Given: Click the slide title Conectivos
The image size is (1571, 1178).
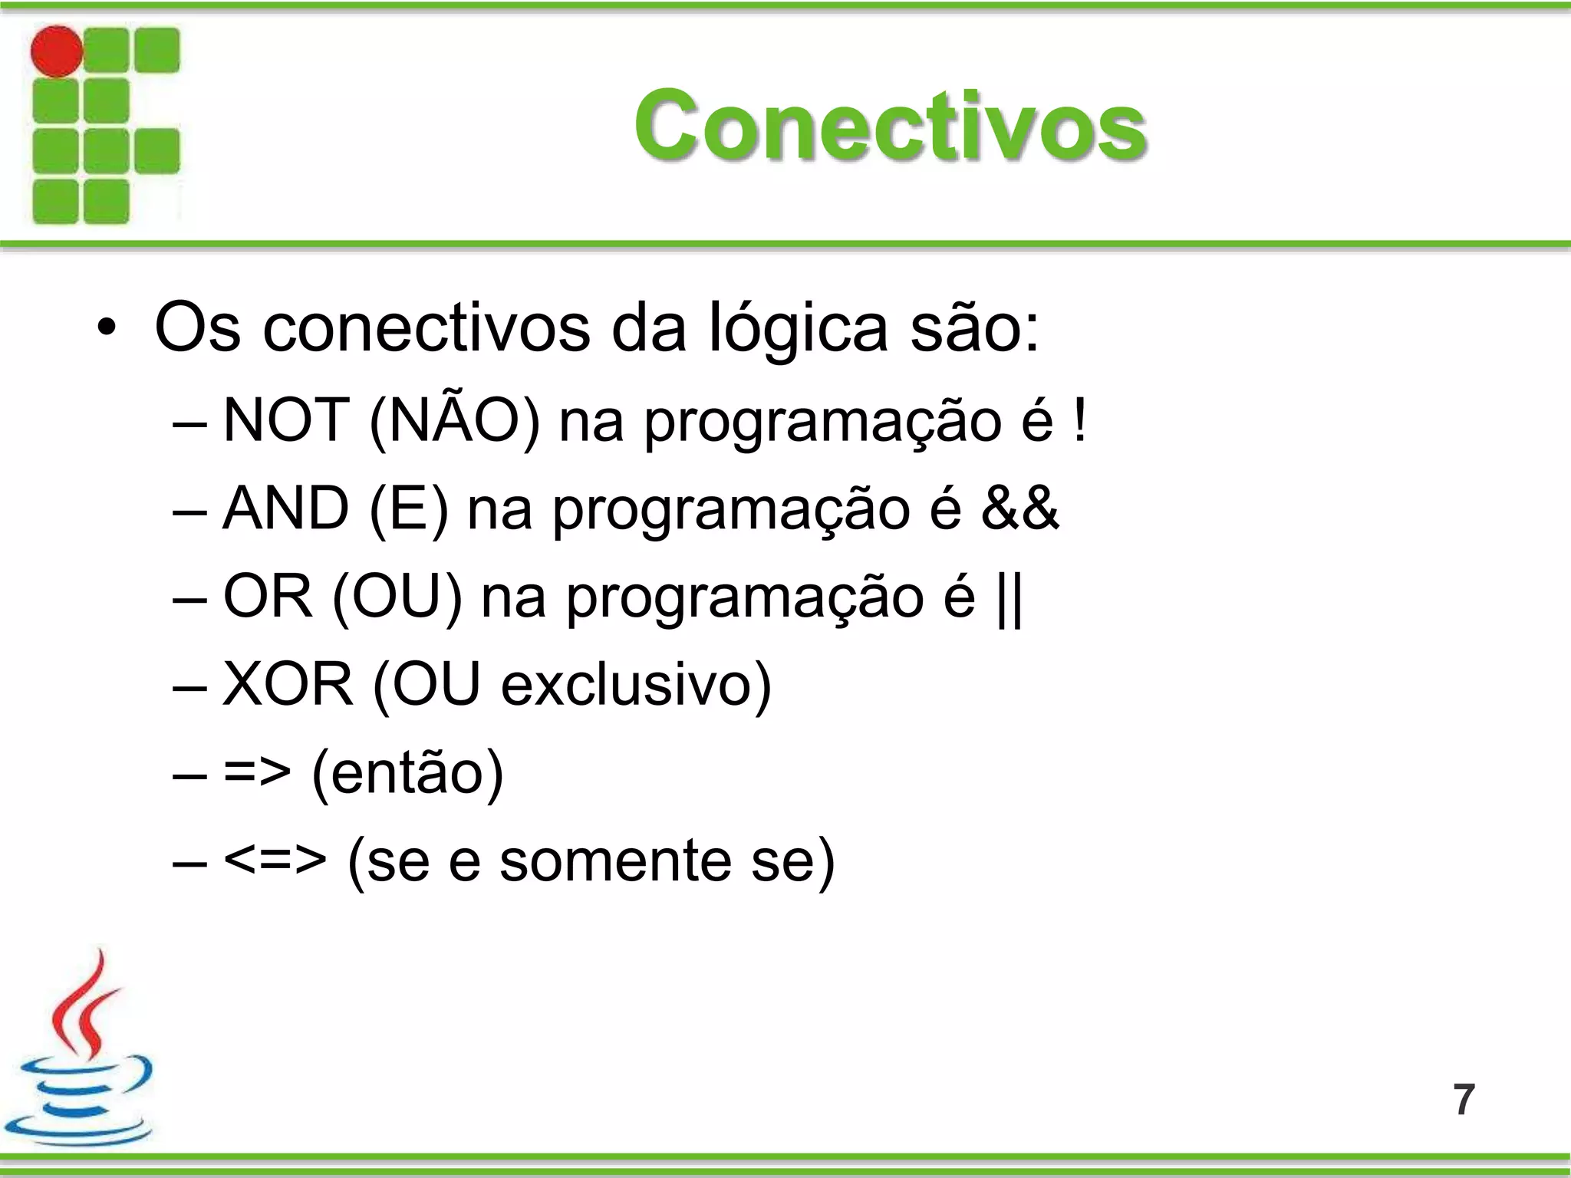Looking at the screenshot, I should coord(890,125).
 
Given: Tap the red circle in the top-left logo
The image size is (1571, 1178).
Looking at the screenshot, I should coord(56,51).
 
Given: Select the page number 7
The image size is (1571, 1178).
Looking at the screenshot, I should coord(1464,1100).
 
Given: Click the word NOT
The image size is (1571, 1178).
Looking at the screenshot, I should coord(286,420).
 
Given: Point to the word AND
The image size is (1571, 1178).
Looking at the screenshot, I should coord(285,508).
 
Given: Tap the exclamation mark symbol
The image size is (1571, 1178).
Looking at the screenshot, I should coord(1080,420).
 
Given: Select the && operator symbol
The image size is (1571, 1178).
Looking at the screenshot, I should coord(1020,508).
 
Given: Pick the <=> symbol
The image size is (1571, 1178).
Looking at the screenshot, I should coord(275,860).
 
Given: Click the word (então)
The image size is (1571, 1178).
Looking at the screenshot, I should coord(407,773).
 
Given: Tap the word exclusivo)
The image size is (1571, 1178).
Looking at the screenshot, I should coord(636,684).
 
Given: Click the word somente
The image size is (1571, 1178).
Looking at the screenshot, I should coord(615,860).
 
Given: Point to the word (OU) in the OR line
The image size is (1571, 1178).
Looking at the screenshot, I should coord(397,597).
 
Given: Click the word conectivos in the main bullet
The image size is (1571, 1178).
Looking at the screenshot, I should coord(427,328).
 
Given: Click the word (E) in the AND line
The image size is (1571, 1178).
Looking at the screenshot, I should coord(408,508).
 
